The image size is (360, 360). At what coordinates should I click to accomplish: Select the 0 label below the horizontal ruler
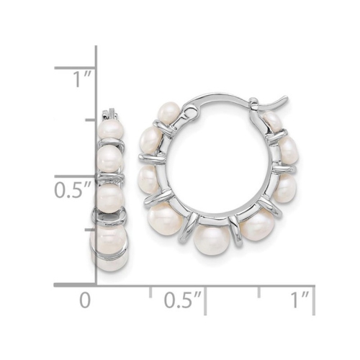86,300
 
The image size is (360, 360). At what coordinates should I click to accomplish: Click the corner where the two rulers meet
96,285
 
